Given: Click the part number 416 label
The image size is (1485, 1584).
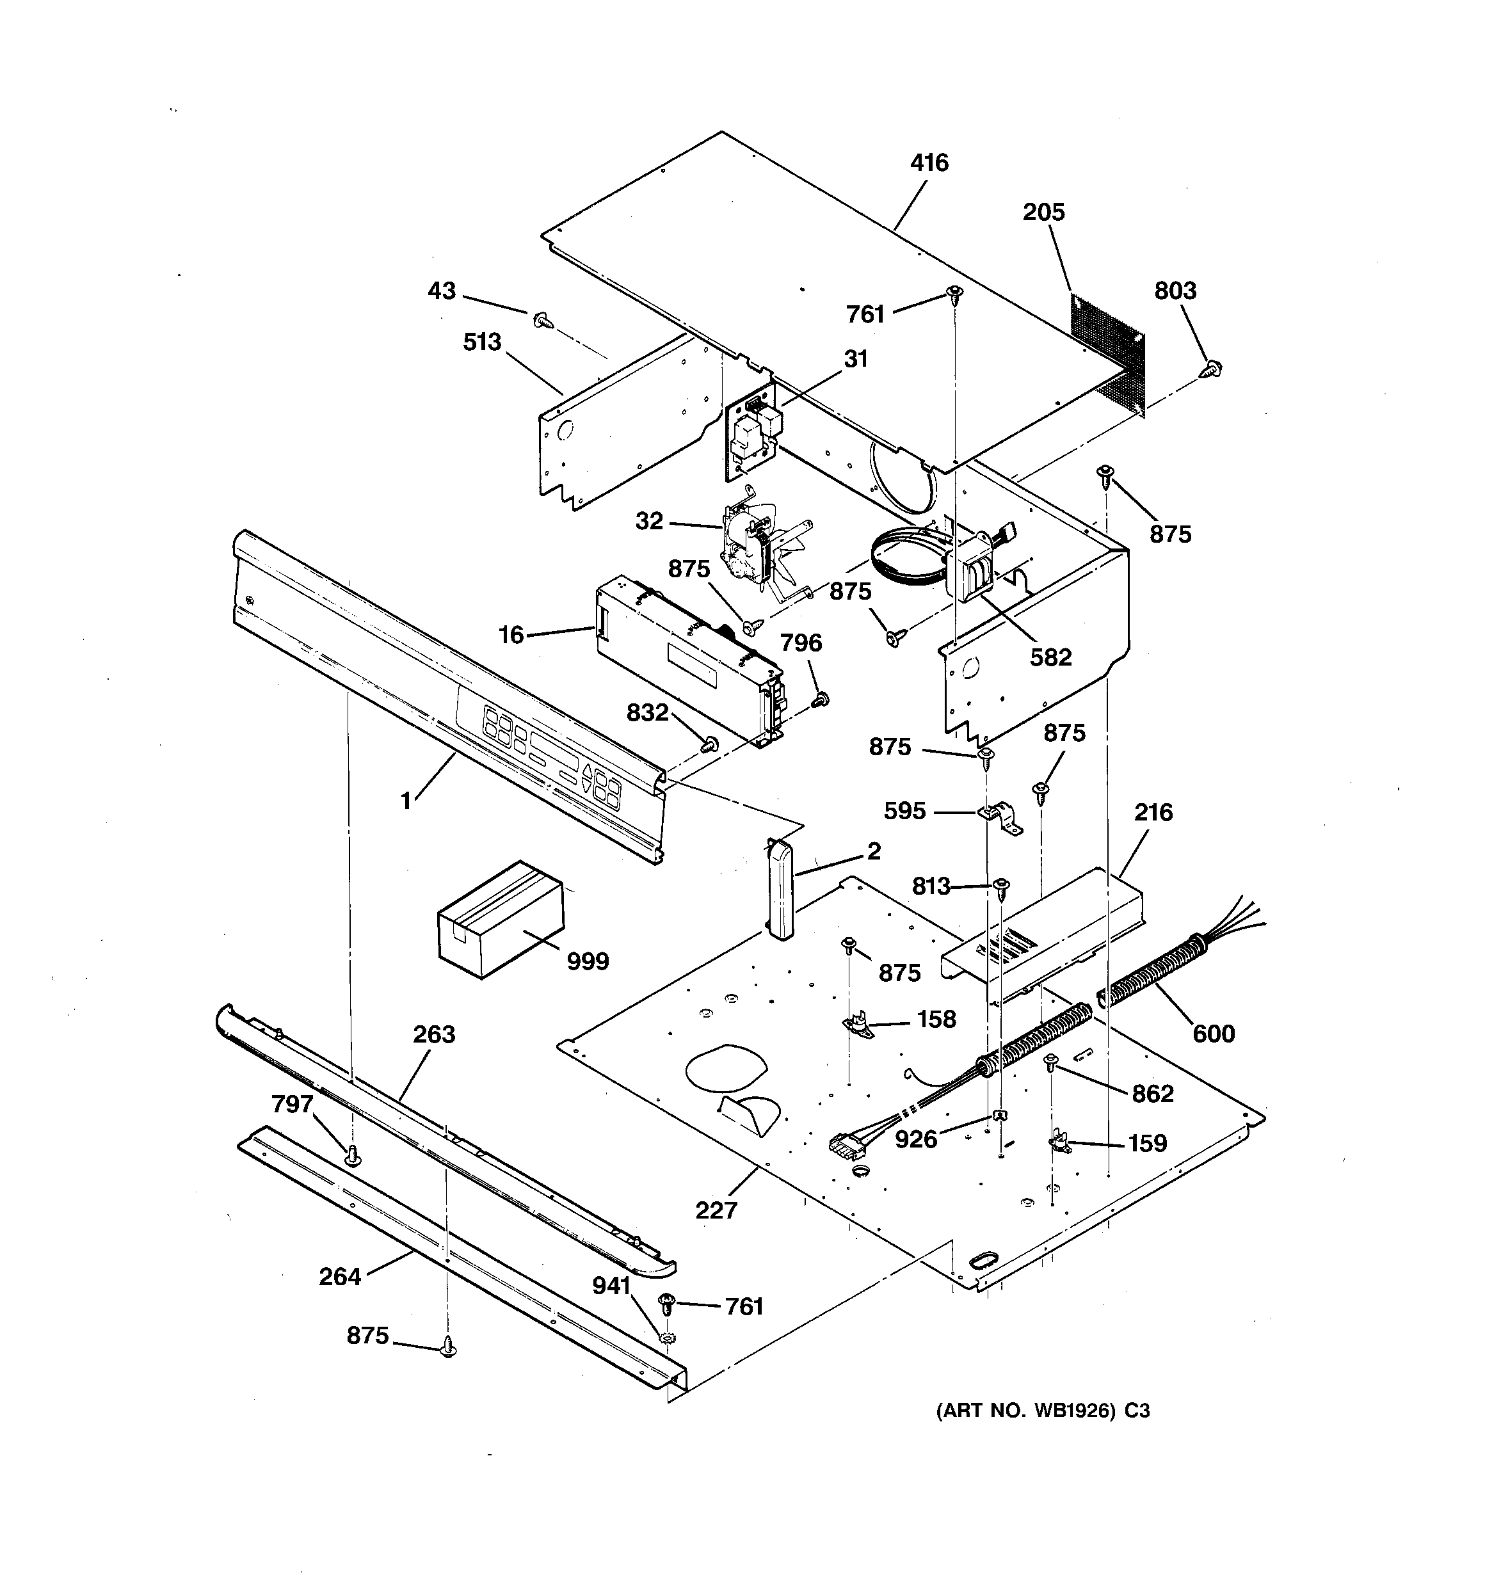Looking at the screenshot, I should pos(929,163).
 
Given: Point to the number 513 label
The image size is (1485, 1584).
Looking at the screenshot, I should pos(482,342).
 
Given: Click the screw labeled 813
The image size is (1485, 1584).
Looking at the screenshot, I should pos(1002,886).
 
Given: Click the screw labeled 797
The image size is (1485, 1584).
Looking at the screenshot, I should pos(351,1155).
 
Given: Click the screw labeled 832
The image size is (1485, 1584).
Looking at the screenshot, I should pos(709,744).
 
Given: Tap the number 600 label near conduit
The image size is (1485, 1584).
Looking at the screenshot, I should pos(1212,1034).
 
